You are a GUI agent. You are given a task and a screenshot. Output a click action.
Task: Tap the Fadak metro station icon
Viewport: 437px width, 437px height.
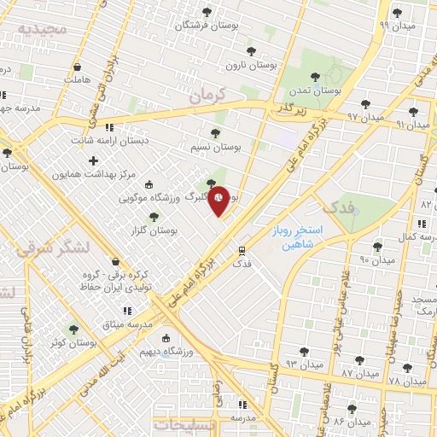[x=242, y=251]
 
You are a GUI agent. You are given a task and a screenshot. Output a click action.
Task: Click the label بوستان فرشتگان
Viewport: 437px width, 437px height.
[x=208, y=26]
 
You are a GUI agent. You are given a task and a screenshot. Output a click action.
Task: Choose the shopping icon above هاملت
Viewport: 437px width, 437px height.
[x=78, y=66]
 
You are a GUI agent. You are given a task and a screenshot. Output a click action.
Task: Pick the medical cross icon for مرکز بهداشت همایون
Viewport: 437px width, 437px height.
[x=92, y=160]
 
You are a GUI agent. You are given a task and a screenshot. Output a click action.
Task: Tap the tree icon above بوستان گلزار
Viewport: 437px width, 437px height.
[x=154, y=218]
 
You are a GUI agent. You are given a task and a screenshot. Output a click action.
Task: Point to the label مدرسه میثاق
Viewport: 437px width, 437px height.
[x=127, y=324]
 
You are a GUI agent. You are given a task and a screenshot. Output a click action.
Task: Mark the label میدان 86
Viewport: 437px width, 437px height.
[x=351, y=422]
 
